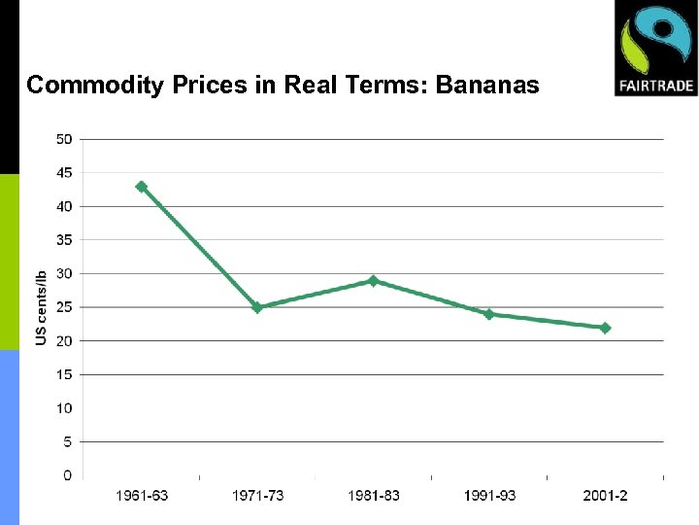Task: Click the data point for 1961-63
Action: point(141,186)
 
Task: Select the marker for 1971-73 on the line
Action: point(257,307)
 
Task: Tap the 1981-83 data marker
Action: point(373,280)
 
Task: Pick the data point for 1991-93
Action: point(489,314)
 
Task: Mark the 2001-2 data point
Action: point(605,328)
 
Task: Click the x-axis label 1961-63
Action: point(142,496)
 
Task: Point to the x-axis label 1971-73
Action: point(257,496)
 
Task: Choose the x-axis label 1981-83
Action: point(374,496)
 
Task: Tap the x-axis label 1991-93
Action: point(489,496)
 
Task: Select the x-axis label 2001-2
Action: point(605,496)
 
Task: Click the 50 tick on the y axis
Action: point(63,139)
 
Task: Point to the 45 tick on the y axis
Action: point(63,173)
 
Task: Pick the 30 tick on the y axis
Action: point(63,273)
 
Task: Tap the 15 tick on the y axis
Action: point(63,374)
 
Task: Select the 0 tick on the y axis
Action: point(67,475)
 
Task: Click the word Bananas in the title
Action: point(487,86)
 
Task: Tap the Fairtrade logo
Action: point(655,49)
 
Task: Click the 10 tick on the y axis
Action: point(63,408)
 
